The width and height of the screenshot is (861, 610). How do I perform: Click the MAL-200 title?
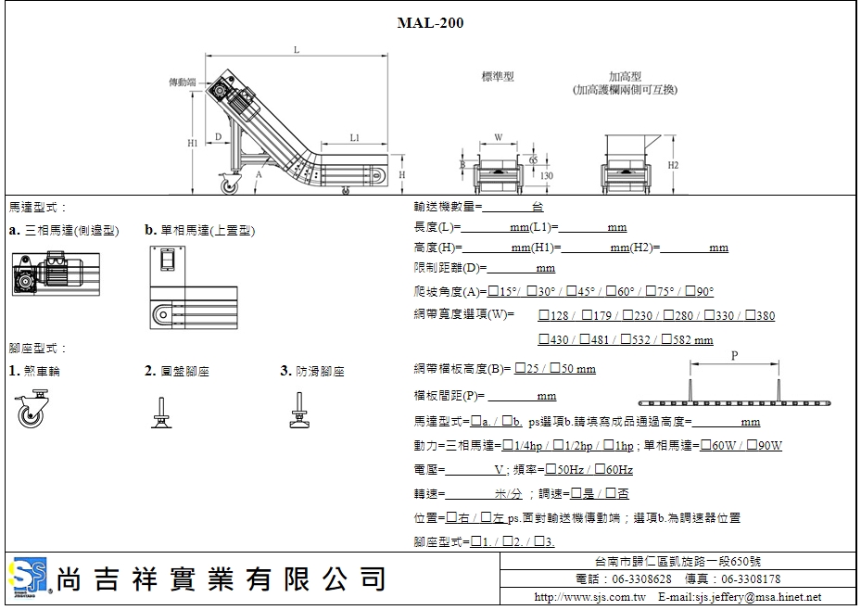click(x=430, y=22)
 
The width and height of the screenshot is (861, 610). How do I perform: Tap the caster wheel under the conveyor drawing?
click(x=227, y=184)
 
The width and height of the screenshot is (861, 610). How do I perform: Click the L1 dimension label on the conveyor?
click(x=355, y=137)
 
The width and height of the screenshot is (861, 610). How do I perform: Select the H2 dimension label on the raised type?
click(x=673, y=165)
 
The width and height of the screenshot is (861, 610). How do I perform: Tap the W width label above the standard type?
click(x=498, y=137)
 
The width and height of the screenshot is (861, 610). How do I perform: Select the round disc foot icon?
click(x=161, y=410)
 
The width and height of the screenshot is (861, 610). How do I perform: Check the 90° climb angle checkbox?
click(x=689, y=291)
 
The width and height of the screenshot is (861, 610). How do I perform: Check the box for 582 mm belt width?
click(x=666, y=340)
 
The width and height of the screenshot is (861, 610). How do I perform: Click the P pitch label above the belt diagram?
click(x=734, y=355)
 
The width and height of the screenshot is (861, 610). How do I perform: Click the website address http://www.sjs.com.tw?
click(x=589, y=598)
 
